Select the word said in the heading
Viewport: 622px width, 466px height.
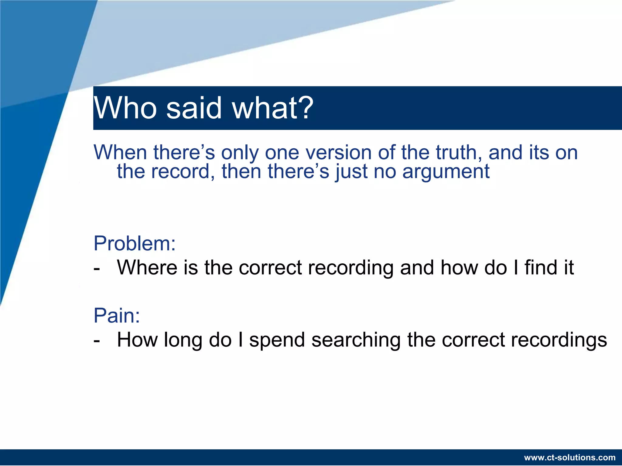[194, 108]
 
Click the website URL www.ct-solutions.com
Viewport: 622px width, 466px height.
[570, 458]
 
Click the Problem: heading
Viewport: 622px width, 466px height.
[135, 243]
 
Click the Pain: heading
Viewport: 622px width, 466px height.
[117, 316]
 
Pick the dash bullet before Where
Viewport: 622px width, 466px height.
[97, 269]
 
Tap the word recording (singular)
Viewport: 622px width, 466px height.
[350, 268]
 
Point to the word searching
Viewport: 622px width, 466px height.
[356, 340]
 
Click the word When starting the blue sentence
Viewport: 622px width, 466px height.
[120, 152]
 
